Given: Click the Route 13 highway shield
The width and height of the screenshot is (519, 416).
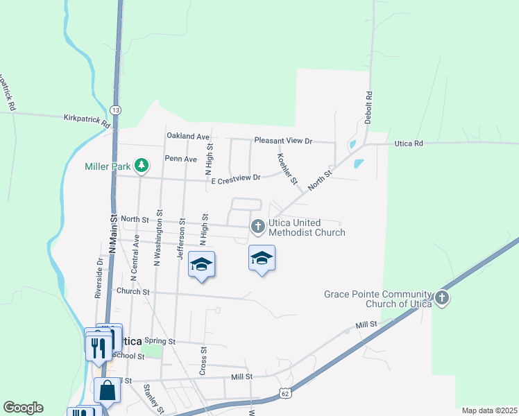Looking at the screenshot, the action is pyautogui.click(x=116, y=110).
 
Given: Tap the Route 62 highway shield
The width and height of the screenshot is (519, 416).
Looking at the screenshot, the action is pyautogui.click(x=285, y=393).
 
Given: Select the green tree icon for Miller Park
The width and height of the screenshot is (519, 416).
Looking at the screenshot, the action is pyautogui.click(x=142, y=165).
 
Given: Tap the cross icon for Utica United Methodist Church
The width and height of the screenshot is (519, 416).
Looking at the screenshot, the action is pyautogui.click(x=257, y=225).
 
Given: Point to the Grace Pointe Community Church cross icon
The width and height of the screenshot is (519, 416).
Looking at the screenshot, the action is pyautogui.click(x=442, y=299).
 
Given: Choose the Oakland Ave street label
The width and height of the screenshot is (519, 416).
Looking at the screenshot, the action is pyautogui.click(x=187, y=136).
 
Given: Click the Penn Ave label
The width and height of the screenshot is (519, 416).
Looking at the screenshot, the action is pyautogui.click(x=180, y=159).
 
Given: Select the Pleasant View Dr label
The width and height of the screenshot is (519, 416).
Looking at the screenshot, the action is pyautogui.click(x=284, y=141).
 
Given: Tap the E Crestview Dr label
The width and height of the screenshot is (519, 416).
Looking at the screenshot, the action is pyautogui.click(x=235, y=177).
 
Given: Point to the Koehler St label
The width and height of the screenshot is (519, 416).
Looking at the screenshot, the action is pyautogui.click(x=287, y=168).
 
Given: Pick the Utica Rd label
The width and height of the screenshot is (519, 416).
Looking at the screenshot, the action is pyautogui.click(x=408, y=143).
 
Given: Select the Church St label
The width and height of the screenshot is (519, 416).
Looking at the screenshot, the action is pyautogui.click(x=133, y=292).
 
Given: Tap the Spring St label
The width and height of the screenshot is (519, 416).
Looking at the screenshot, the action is pyautogui.click(x=160, y=342).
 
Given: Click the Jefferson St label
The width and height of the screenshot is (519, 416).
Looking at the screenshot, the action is pyautogui.click(x=181, y=236).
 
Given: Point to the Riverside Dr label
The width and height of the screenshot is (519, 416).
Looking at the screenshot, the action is pyautogui.click(x=99, y=277).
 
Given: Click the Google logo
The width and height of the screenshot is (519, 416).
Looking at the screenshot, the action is pyautogui.click(x=23, y=408).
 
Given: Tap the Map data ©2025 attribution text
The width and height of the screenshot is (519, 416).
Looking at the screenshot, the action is pyautogui.click(x=488, y=410).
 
